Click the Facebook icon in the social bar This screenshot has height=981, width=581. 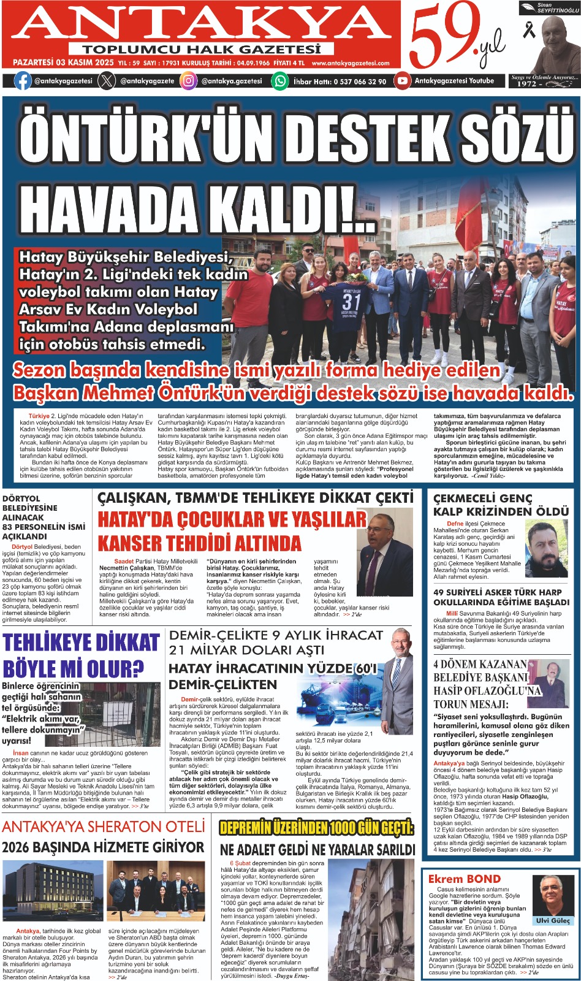(23, 80)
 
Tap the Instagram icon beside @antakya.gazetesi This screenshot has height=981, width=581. (188, 80)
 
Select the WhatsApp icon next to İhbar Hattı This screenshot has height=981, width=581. (280, 80)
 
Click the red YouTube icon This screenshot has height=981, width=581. (402, 80)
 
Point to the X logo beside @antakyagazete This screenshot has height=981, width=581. (107, 80)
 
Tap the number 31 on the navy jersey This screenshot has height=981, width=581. (351, 302)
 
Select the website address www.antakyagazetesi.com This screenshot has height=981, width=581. (350, 63)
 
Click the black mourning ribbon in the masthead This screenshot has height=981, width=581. (528, 29)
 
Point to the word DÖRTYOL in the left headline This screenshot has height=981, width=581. (21, 498)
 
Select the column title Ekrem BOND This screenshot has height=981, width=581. (464, 879)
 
